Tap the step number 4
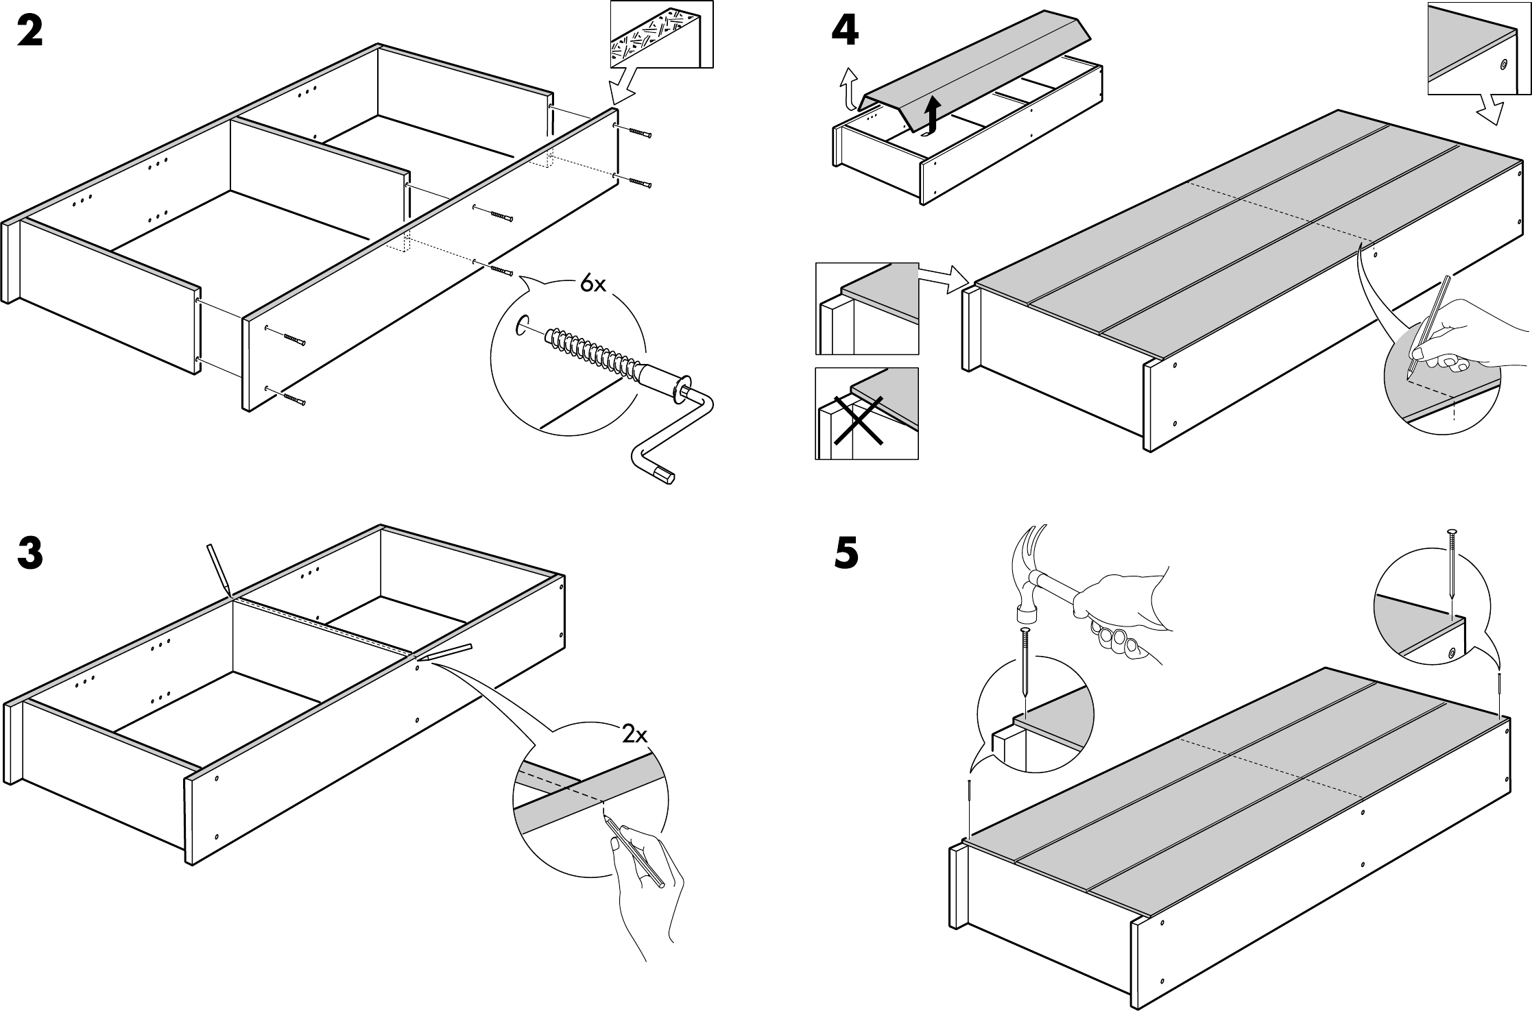click(844, 32)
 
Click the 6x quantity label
click(593, 284)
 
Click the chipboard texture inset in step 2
click(661, 34)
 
